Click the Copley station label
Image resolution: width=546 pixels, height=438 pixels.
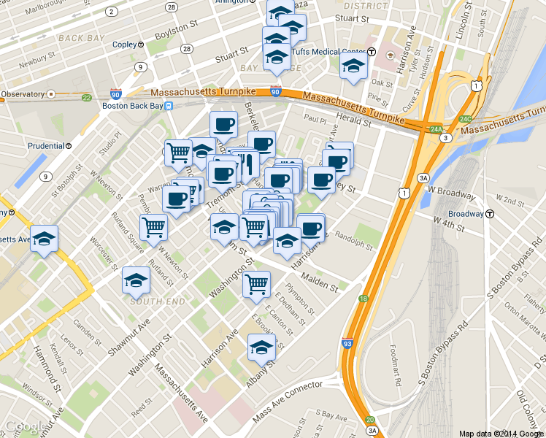point(124,45)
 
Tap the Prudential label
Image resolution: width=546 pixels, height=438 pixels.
point(46,145)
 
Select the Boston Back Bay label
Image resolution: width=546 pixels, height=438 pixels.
point(132,105)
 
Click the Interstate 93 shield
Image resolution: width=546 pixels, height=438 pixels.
point(347,343)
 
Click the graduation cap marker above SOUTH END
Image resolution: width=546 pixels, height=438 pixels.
point(136,280)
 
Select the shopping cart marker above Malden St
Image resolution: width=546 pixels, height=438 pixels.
point(256,285)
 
